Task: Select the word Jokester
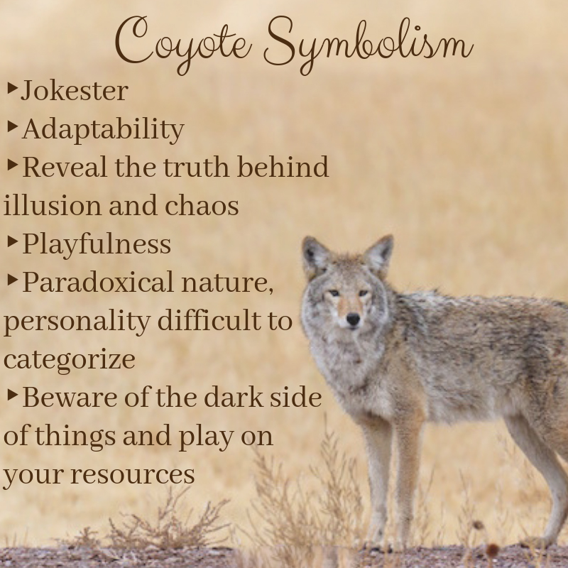click(x=75, y=91)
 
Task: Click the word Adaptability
click(x=103, y=129)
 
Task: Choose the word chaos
click(x=202, y=205)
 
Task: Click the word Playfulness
click(x=97, y=244)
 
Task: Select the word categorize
click(x=69, y=361)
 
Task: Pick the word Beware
click(x=70, y=398)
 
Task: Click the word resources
click(x=133, y=475)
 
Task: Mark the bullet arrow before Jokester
click(x=12, y=88)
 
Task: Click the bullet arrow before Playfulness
click(x=12, y=241)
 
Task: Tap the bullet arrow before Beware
click(x=12, y=395)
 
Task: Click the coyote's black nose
click(x=353, y=319)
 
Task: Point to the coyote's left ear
click(x=379, y=254)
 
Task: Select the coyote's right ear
click(x=314, y=256)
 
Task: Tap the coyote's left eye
click(x=363, y=293)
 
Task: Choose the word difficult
click(x=209, y=320)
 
